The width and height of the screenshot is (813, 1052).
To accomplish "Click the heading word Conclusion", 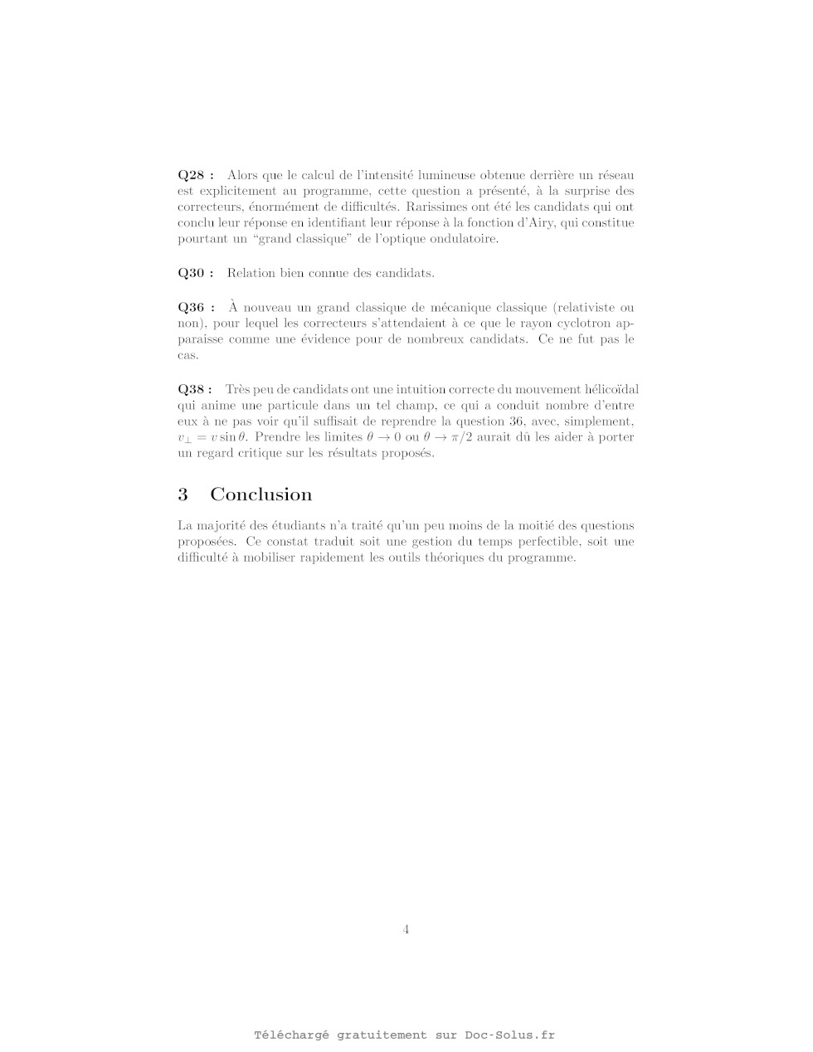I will (x=261, y=494).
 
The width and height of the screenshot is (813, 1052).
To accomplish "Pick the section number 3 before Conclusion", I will (x=183, y=494).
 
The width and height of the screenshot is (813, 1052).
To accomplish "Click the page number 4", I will (x=406, y=929).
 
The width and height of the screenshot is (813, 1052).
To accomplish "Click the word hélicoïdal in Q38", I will (x=609, y=389).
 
